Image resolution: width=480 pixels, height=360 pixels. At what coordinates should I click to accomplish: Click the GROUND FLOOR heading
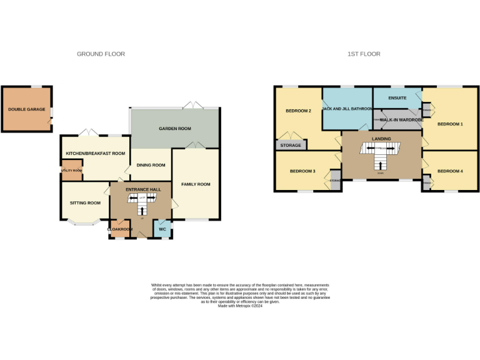[x=101, y=54]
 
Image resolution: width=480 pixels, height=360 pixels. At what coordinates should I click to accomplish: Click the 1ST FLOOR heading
[x=364, y=54]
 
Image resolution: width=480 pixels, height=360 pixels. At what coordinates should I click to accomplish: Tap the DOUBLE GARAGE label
[x=26, y=109]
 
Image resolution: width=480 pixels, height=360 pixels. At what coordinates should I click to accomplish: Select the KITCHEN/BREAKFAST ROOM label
[x=96, y=153]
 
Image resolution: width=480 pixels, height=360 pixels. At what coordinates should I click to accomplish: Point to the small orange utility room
[x=71, y=171]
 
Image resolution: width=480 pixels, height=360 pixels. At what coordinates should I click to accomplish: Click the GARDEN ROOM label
[x=174, y=129]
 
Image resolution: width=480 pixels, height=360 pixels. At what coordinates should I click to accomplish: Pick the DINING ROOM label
[x=151, y=165]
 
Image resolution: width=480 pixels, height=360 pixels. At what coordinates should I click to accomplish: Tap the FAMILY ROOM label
[x=196, y=184]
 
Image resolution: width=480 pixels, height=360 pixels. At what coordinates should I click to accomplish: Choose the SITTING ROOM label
[x=85, y=202]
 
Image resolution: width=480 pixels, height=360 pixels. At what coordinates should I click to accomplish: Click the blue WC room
[x=162, y=229]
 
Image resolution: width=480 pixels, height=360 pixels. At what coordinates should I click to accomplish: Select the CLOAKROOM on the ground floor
[x=120, y=229]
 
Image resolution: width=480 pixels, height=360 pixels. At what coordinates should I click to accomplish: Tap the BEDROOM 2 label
[x=298, y=111]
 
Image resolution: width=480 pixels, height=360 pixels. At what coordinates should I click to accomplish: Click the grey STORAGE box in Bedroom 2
[x=291, y=146]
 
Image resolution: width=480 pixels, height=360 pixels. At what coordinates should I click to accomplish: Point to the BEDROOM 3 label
[x=302, y=171]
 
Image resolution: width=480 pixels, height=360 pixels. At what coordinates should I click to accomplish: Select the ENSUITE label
[x=397, y=98]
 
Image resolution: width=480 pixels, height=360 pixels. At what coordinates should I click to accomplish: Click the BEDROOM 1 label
[x=450, y=124]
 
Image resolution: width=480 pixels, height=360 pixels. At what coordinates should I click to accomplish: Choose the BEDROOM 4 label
[x=450, y=171]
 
